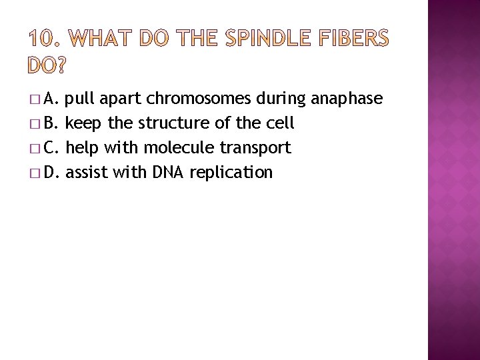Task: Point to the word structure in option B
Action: (x=171, y=124)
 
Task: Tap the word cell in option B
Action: (x=281, y=124)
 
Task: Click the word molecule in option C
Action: (x=176, y=148)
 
